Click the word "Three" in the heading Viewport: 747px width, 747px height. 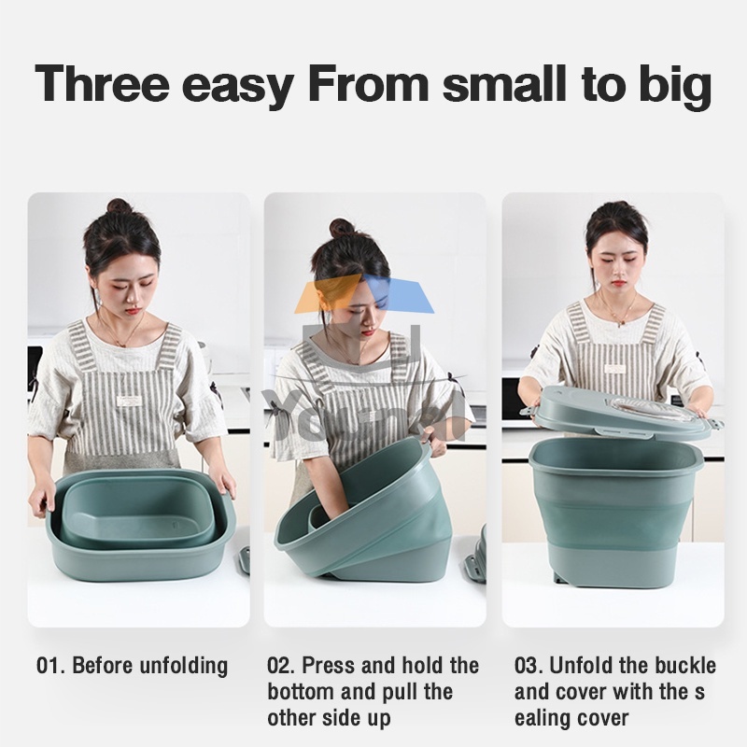103,83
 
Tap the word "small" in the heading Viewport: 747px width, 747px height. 505,82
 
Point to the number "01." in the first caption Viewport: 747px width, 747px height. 50,666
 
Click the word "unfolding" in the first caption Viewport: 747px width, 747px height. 183,667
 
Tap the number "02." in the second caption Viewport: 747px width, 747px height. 281,666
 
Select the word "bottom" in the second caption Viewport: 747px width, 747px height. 298,692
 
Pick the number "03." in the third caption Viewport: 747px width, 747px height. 529,666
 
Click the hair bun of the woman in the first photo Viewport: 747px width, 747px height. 120,206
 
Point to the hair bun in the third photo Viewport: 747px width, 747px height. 617,207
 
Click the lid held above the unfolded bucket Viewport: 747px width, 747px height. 622,411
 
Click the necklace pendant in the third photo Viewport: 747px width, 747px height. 619,324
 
